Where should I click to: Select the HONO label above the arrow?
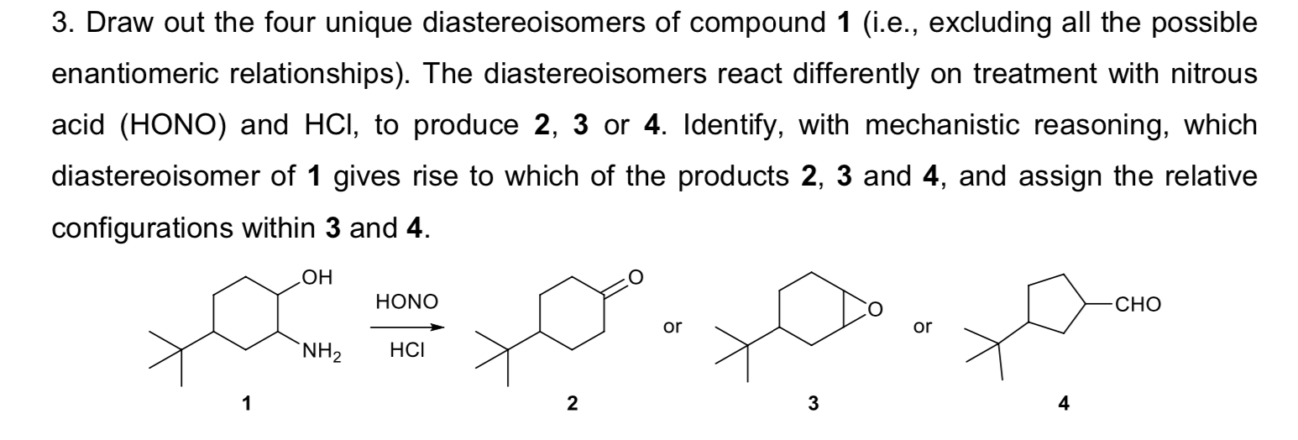pyautogui.click(x=407, y=301)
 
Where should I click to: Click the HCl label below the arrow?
pyautogui.click(x=407, y=350)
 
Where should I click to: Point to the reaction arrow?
pyautogui.click(x=407, y=327)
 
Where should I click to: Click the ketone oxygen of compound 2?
pyautogui.click(x=635, y=275)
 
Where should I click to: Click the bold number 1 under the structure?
pyautogui.click(x=246, y=404)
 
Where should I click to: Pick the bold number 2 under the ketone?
pyautogui.click(x=572, y=404)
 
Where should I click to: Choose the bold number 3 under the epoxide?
pyautogui.click(x=812, y=404)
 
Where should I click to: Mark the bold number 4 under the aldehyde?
pyautogui.click(x=1064, y=404)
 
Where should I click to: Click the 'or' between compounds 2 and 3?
pyautogui.click(x=671, y=327)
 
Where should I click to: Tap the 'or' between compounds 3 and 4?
pyautogui.click(x=923, y=327)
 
